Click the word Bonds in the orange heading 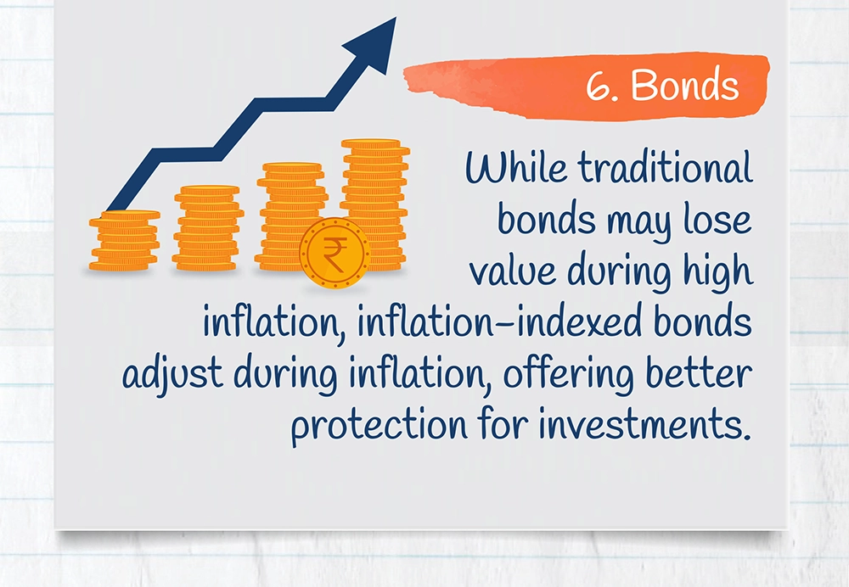[684, 85]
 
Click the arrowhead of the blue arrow [373, 44]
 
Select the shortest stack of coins [125, 241]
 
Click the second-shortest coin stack [207, 228]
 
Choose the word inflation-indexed [501, 321]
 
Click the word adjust [172, 374]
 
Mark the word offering [568, 374]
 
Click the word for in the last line [503, 423]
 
